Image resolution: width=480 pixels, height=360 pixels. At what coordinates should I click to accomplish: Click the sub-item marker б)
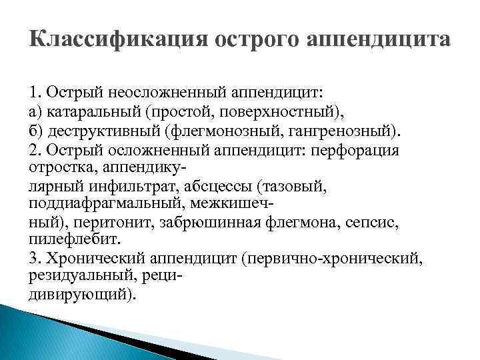point(37,128)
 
